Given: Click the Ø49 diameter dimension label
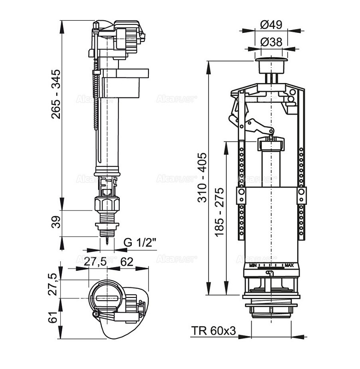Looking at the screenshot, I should click(x=271, y=24).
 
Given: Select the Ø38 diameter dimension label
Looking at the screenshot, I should click(x=271, y=42).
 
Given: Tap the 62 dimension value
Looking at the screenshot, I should click(x=127, y=262).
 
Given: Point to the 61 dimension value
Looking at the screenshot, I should click(x=55, y=318).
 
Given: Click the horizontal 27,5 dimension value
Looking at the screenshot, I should click(x=95, y=262).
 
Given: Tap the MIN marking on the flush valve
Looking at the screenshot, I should click(x=253, y=265).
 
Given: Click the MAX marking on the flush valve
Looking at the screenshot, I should click(x=289, y=265).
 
